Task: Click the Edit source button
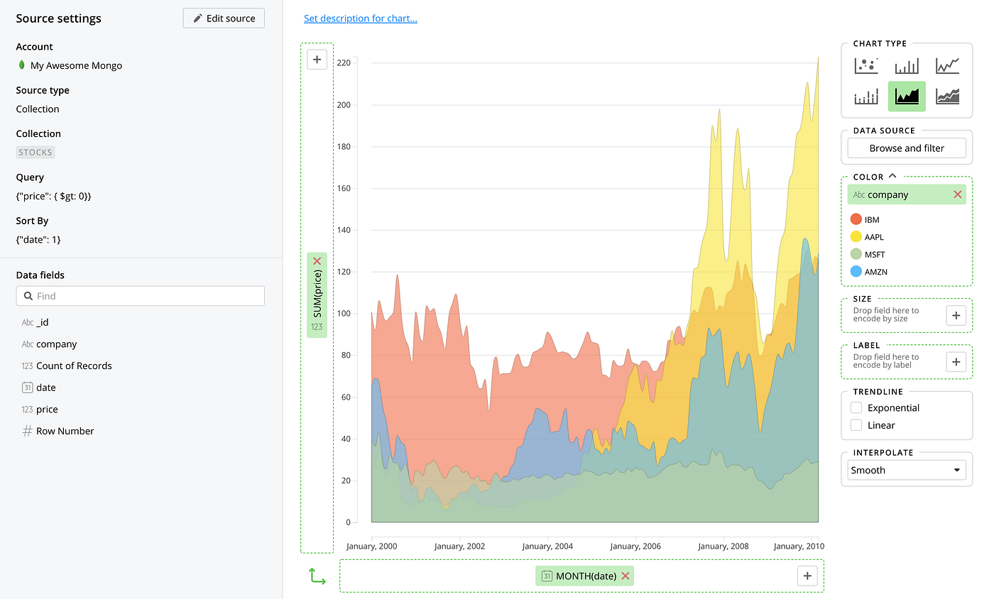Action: point(224,18)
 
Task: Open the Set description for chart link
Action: point(360,18)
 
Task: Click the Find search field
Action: point(141,296)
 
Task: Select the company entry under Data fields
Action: point(56,344)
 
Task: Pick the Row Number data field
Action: point(65,432)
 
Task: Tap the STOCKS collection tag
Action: point(35,153)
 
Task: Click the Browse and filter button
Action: point(907,148)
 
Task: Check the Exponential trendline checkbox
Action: point(856,408)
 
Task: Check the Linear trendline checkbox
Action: point(856,426)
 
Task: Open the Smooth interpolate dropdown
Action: point(907,470)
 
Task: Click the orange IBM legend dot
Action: point(856,219)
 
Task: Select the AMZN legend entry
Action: point(875,272)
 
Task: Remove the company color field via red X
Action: point(958,194)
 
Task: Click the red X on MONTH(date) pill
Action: point(626,576)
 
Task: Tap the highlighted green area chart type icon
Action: point(907,96)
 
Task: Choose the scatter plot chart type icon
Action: point(865,66)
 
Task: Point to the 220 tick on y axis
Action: point(344,63)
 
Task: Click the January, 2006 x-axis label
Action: point(635,546)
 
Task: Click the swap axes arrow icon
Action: point(317,576)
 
